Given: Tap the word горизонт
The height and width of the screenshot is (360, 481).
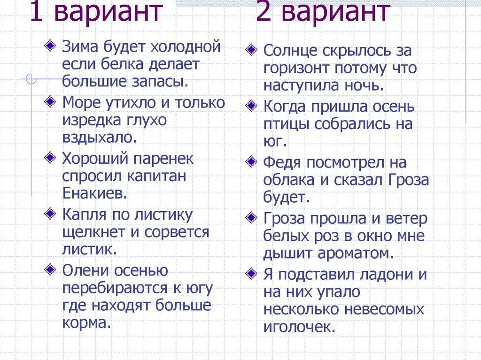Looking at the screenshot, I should [296, 68].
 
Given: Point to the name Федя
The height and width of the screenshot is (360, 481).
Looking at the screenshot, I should [281, 163].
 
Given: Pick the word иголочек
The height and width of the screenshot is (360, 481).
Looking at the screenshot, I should [299, 327].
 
